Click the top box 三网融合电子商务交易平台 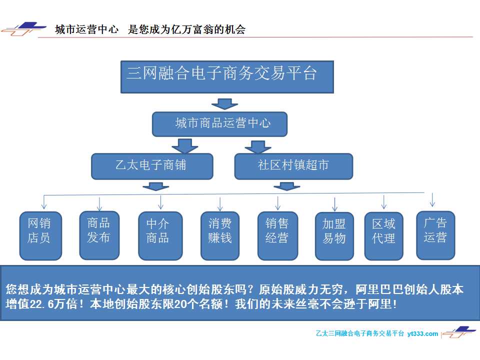(x=227, y=77)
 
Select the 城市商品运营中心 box (x=219, y=124)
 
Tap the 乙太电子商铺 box (x=152, y=166)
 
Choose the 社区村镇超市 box (x=293, y=166)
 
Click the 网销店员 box (x=40, y=235)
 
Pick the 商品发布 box (x=99, y=235)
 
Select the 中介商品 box (x=160, y=235)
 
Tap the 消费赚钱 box (x=220, y=235)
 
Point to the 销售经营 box (x=277, y=235)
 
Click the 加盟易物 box (x=334, y=236)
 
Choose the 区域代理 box (x=383, y=236)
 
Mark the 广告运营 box (x=435, y=235)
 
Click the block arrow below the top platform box (x=224, y=104)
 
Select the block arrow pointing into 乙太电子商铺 (x=185, y=146)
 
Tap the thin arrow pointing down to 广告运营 (x=432, y=199)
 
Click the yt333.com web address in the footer (x=422, y=333)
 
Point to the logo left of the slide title (x=24, y=29)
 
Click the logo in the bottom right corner (x=459, y=332)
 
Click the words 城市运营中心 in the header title (x=86, y=29)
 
